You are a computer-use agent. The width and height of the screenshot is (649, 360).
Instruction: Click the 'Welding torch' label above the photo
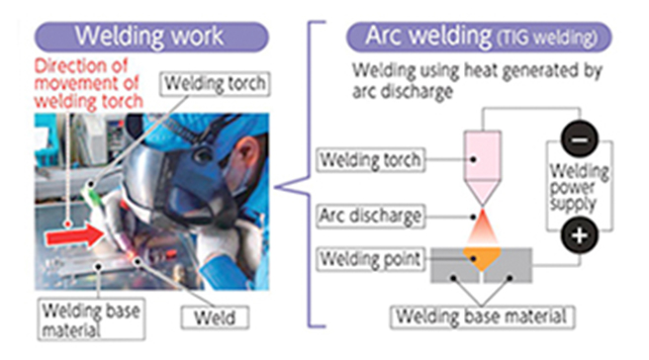tap(216, 84)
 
